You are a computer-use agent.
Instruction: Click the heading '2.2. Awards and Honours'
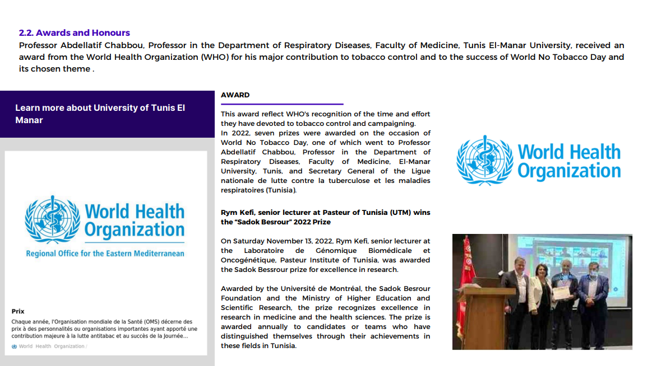75,33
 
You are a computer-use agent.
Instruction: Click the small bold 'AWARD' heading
235,95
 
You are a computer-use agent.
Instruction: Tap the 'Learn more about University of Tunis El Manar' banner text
100,114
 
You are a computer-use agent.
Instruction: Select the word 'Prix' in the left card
18,311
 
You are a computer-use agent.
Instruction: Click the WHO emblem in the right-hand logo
484,161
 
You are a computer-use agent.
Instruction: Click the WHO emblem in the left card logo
52,220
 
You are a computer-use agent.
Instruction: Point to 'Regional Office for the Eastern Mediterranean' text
105,254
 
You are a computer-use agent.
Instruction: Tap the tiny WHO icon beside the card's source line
14,346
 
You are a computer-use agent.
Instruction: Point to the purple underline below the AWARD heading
281,104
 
